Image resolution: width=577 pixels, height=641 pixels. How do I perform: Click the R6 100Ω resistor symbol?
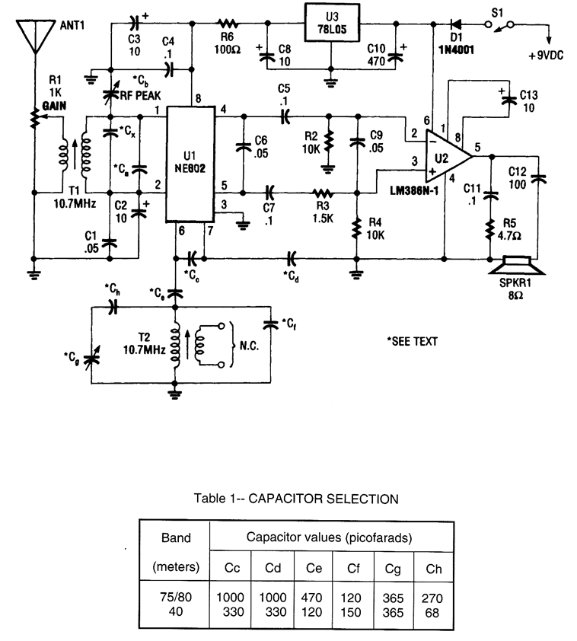pos(227,23)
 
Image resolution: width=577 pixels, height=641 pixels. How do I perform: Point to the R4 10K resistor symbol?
pos(356,228)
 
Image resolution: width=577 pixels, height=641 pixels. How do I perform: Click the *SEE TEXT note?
pos(413,342)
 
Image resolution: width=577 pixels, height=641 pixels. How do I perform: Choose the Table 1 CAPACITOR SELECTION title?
pos(296,499)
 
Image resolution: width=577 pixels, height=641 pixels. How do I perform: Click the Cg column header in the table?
pos(387,567)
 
